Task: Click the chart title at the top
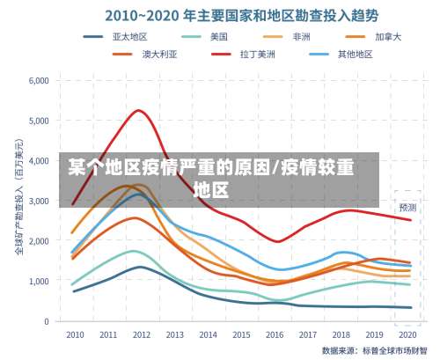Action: pyautogui.click(x=231, y=15)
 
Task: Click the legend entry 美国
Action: pyautogui.click(x=218, y=36)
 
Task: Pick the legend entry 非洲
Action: pyautogui.click(x=300, y=36)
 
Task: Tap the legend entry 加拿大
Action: pyautogui.click(x=387, y=36)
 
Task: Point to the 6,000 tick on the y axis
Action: pyautogui.click(x=39, y=81)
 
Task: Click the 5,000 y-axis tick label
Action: pyautogui.click(x=39, y=121)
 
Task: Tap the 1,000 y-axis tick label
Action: pyautogui.click(x=39, y=282)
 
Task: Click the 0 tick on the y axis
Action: pyautogui.click(x=45, y=321)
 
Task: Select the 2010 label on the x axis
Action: pyautogui.click(x=75, y=335)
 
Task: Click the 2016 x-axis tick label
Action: pyautogui.click(x=274, y=335)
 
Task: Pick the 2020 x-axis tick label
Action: pyautogui.click(x=407, y=335)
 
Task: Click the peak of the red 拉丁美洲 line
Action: pyautogui.click(x=139, y=110)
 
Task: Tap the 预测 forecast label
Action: pyautogui.click(x=407, y=208)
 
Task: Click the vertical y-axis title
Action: pyautogui.click(x=18, y=202)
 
